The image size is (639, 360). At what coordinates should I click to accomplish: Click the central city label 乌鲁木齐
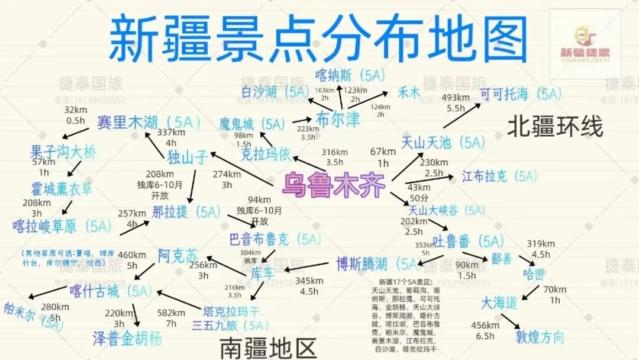335,185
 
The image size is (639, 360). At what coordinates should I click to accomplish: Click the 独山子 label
188,157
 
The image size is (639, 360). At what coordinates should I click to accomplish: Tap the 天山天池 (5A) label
443,143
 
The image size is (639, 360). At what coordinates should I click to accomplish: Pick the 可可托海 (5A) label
520,94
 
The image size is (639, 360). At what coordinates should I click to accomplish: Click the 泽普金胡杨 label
127,338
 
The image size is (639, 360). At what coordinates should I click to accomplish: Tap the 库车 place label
263,274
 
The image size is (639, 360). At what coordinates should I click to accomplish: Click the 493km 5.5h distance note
456,103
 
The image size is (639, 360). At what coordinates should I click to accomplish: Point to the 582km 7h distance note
172,318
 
